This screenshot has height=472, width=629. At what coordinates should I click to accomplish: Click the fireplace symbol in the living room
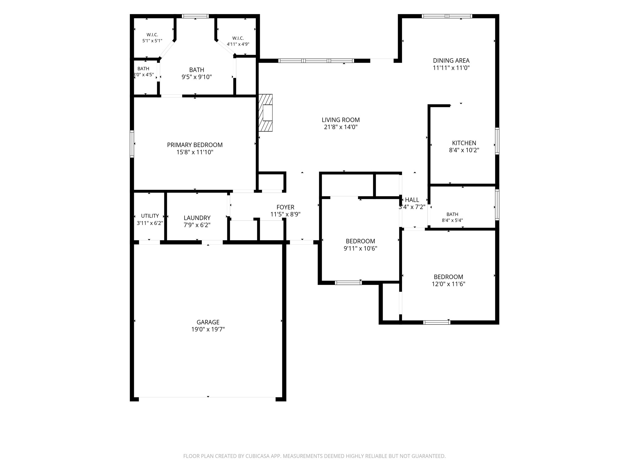pyautogui.click(x=266, y=113)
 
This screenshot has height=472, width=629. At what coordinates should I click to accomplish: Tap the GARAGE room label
pyautogui.click(x=208, y=322)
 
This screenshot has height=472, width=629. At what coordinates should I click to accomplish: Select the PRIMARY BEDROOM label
pyautogui.click(x=195, y=145)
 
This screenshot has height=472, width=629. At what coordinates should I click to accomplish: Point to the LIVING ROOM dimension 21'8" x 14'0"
pyautogui.click(x=341, y=127)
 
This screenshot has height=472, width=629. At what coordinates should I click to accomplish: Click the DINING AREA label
pyautogui.click(x=451, y=61)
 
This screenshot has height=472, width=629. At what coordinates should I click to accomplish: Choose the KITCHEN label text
pyautogui.click(x=464, y=143)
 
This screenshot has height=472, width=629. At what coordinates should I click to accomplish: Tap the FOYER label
pyautogui.click(x=285, y=207)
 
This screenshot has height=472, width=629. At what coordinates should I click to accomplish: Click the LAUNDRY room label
pyautogui.click(x=197, y=218)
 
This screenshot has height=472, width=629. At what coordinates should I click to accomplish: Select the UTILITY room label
pyautogui.click(x=150, y=216)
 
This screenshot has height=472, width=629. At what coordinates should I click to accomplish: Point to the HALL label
pyautogui.click(x=412, y=200)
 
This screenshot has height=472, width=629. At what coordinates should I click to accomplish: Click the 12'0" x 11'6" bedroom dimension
pyautogui.click(x=448, y=284)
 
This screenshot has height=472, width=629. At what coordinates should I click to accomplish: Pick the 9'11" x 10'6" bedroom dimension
pyautogui.click(x=360, y=248)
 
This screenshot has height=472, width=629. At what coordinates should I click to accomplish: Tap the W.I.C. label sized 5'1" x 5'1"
pyautogui.click(x=152, y=35)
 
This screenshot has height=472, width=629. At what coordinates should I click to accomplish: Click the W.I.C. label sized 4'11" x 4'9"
pyautogui.click(x=238, y=38)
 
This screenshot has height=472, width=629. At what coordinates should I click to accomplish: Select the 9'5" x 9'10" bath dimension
pyautogui.click(x=197, y=77)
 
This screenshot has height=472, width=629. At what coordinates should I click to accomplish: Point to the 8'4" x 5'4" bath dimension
pyautogui.click(x=452, y=220)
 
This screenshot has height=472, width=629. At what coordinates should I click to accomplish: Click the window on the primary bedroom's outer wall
pyautogui.click(x=132, y=144)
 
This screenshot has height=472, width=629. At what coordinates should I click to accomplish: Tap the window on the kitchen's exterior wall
pyautogui.click(x=497, y=141)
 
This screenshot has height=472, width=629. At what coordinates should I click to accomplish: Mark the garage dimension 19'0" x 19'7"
pyautogui.click(x=208, y=329)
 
